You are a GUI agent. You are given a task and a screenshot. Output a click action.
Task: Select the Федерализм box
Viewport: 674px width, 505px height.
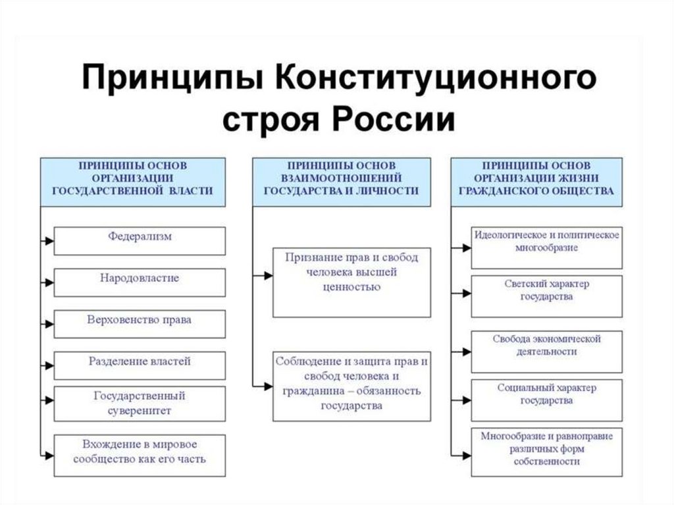tap(139, 240)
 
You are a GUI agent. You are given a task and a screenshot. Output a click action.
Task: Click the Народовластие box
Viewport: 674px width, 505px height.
tap(139, 282)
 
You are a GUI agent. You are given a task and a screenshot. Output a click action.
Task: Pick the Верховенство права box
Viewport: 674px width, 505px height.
tap(139, 323)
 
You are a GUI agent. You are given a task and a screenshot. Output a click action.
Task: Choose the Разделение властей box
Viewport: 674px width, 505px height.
tap(139, 365)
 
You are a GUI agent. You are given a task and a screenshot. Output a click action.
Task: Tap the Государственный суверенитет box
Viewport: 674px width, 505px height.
tap(139, 404)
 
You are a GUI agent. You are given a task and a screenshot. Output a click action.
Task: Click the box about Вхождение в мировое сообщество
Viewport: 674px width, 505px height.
tap(139, 455)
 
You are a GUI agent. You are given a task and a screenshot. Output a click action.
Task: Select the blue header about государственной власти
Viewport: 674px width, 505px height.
tap(132, 181)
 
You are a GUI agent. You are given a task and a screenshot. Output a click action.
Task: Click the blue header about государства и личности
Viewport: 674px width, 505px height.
tap(342, 181)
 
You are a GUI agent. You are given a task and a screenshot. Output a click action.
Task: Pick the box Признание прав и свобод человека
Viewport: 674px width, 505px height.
tap(351, 282)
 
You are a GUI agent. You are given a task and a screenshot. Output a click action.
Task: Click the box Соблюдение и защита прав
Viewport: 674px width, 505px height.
tap(351, 386)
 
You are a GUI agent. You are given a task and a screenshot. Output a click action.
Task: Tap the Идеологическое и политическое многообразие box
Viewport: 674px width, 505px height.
tap(546, 248)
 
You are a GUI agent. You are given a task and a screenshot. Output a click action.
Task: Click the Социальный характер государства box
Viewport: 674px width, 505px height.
tap(546, 398)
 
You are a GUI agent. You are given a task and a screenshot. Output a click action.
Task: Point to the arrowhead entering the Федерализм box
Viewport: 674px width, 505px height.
tap(49, 241)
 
